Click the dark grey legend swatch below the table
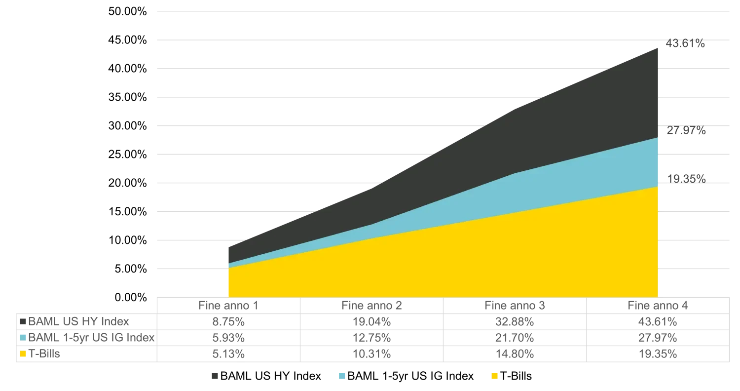point(215,375)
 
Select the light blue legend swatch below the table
point(341,375)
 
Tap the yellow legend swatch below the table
point(495,375)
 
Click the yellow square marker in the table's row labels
point(23,354)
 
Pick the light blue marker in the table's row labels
point(23,338)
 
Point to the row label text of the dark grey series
point(79,322)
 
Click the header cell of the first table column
point(228,306)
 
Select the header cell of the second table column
point(371,306)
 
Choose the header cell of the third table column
point(513,306)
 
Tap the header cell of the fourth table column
point(658,306)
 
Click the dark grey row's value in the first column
point(227,322)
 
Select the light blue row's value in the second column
point(371,338)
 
